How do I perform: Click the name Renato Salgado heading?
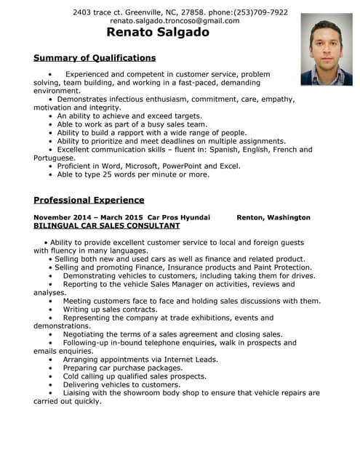158,32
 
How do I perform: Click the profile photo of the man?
326,49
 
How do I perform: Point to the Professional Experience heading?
89,200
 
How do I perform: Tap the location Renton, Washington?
273,217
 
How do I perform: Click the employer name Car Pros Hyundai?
178,217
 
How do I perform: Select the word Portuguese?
54,158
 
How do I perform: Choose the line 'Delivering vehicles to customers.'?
121,384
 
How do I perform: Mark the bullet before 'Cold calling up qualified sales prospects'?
51,376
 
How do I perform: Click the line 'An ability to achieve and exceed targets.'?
129,116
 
